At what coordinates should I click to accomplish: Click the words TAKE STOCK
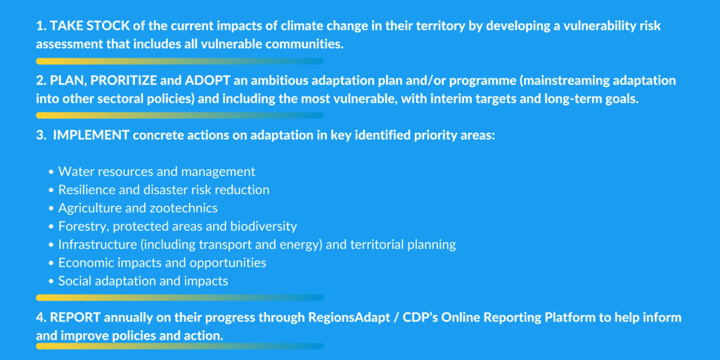(x=89, y=26)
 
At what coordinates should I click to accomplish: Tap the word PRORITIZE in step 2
(x=122, y=81)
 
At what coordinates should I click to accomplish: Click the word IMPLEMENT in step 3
(x=91, y=136)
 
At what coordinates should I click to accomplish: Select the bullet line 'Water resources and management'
(x=157, y=172)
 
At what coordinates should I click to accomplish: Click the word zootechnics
(x=184, y=208)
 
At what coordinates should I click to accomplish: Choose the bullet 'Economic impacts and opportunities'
(x=162, y=263)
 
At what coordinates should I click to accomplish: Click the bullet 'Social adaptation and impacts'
(x=143, y=281)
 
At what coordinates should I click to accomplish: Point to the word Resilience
(x=84, y=190)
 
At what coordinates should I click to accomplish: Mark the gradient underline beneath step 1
(x=180, y=61)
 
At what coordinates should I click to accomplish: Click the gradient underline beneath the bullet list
(x=180, y=297)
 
